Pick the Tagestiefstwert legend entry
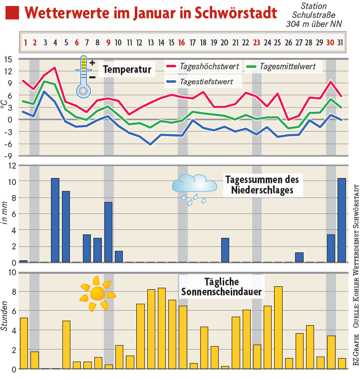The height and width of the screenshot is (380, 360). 202,81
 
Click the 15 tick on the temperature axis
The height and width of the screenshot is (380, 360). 8,59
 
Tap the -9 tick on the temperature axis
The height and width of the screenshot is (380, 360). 8,156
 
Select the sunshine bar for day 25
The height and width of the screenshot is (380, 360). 278,328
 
